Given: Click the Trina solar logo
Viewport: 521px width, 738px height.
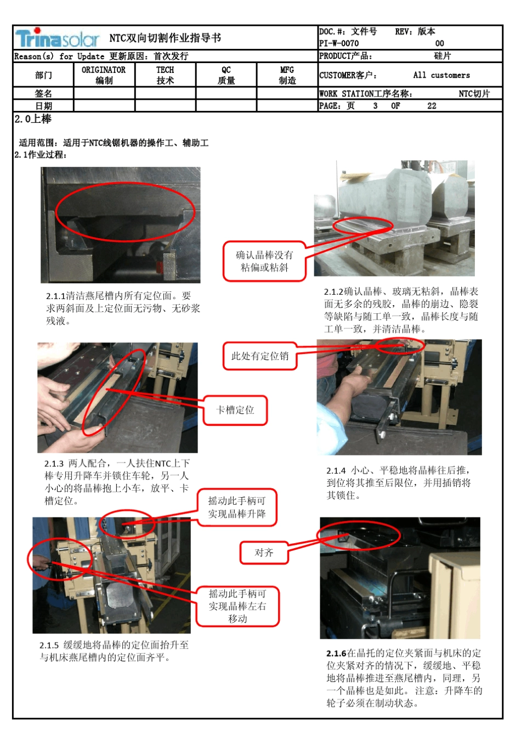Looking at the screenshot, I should [58, 38].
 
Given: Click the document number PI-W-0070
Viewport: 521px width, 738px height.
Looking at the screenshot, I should [339, 43].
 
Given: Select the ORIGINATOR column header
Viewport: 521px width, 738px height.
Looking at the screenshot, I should [104, 75].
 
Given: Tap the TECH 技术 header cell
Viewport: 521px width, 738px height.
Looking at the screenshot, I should [165, 75].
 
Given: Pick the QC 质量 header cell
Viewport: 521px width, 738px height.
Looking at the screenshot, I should [226, 75].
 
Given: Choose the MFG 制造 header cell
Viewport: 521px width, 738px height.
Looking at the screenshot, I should [287, 75].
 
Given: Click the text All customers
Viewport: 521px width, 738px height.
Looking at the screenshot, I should [441, 75].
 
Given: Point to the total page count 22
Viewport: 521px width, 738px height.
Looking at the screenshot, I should [432, 106].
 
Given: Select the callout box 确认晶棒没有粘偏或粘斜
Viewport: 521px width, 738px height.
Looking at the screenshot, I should [264, 261].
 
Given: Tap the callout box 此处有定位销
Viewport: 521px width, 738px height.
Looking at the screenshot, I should [259, 356].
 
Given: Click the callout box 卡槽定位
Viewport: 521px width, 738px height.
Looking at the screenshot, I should [235, 410].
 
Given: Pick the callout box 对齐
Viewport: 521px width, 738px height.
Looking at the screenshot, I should [264, 553].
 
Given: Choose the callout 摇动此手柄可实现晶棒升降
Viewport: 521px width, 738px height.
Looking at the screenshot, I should [237, 507].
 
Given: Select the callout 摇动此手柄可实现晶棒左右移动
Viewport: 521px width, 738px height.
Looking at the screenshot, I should [237, 606].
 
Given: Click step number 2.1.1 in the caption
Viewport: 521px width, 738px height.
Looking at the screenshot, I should [55, 296].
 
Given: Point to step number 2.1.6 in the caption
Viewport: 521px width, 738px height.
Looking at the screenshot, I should [336, 654].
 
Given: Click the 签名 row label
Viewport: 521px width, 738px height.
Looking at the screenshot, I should [43, 94].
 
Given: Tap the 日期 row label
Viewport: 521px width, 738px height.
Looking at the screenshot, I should [43, 106].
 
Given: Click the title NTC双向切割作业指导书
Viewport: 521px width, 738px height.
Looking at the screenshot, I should [165, 38].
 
